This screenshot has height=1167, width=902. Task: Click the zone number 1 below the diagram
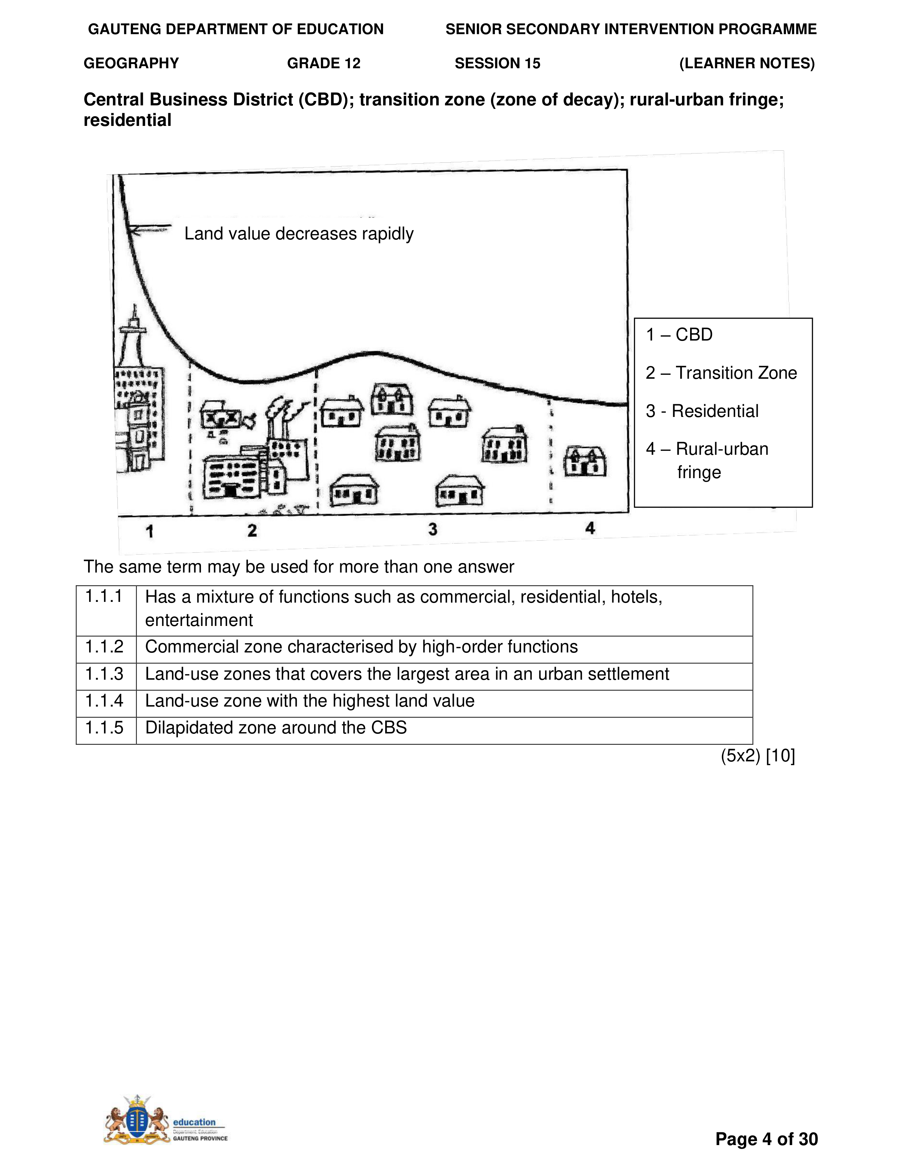click(x=150, y=531)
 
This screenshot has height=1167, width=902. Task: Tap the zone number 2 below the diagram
click(x=252, y=530)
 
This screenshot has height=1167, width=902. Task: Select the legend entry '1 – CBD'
click(x=679, y=335)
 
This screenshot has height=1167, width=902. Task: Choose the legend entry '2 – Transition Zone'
click(x=721, y=372)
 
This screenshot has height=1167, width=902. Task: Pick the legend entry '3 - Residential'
click(x=702, y=411)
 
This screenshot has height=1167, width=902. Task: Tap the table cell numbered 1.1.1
click(x=105, y=596)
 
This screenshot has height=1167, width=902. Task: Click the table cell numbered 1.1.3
click(x=105, y=674)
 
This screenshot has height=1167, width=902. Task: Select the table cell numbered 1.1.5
click(x=105, y=728)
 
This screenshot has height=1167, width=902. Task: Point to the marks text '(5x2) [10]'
click(x=758, y=756)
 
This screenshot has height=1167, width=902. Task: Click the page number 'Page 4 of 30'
click(x=766, y=1139)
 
